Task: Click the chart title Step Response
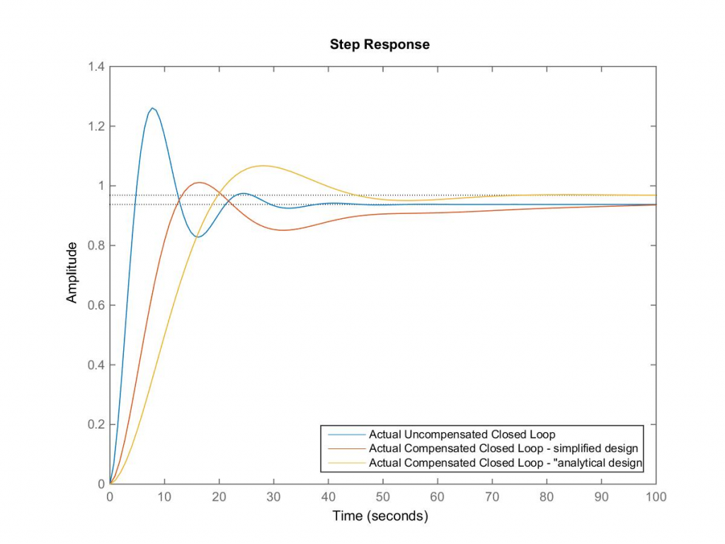(x=379, y=45)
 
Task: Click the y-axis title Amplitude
(x=72, y=273)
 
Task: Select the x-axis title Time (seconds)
(x=380, y=516)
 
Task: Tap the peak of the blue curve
(x=152, y=108)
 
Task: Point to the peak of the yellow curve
(x=263, y=166)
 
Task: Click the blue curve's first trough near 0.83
(x=198, y=237)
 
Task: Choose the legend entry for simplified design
(x=503, y=448)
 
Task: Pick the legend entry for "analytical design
(x=505, y=463)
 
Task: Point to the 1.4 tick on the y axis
(x=96, y=67)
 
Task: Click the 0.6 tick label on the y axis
(x=96, y=305)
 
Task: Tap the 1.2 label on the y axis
(x=96, y=127)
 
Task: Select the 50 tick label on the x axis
(x=383, y=497)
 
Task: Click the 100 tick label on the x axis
(x=656, y=497)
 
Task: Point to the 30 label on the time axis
(x=274, y=497)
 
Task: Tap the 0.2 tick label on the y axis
(x=96, y=424)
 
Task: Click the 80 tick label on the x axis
(x=547, y=497)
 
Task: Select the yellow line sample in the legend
(x=345, y=463)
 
